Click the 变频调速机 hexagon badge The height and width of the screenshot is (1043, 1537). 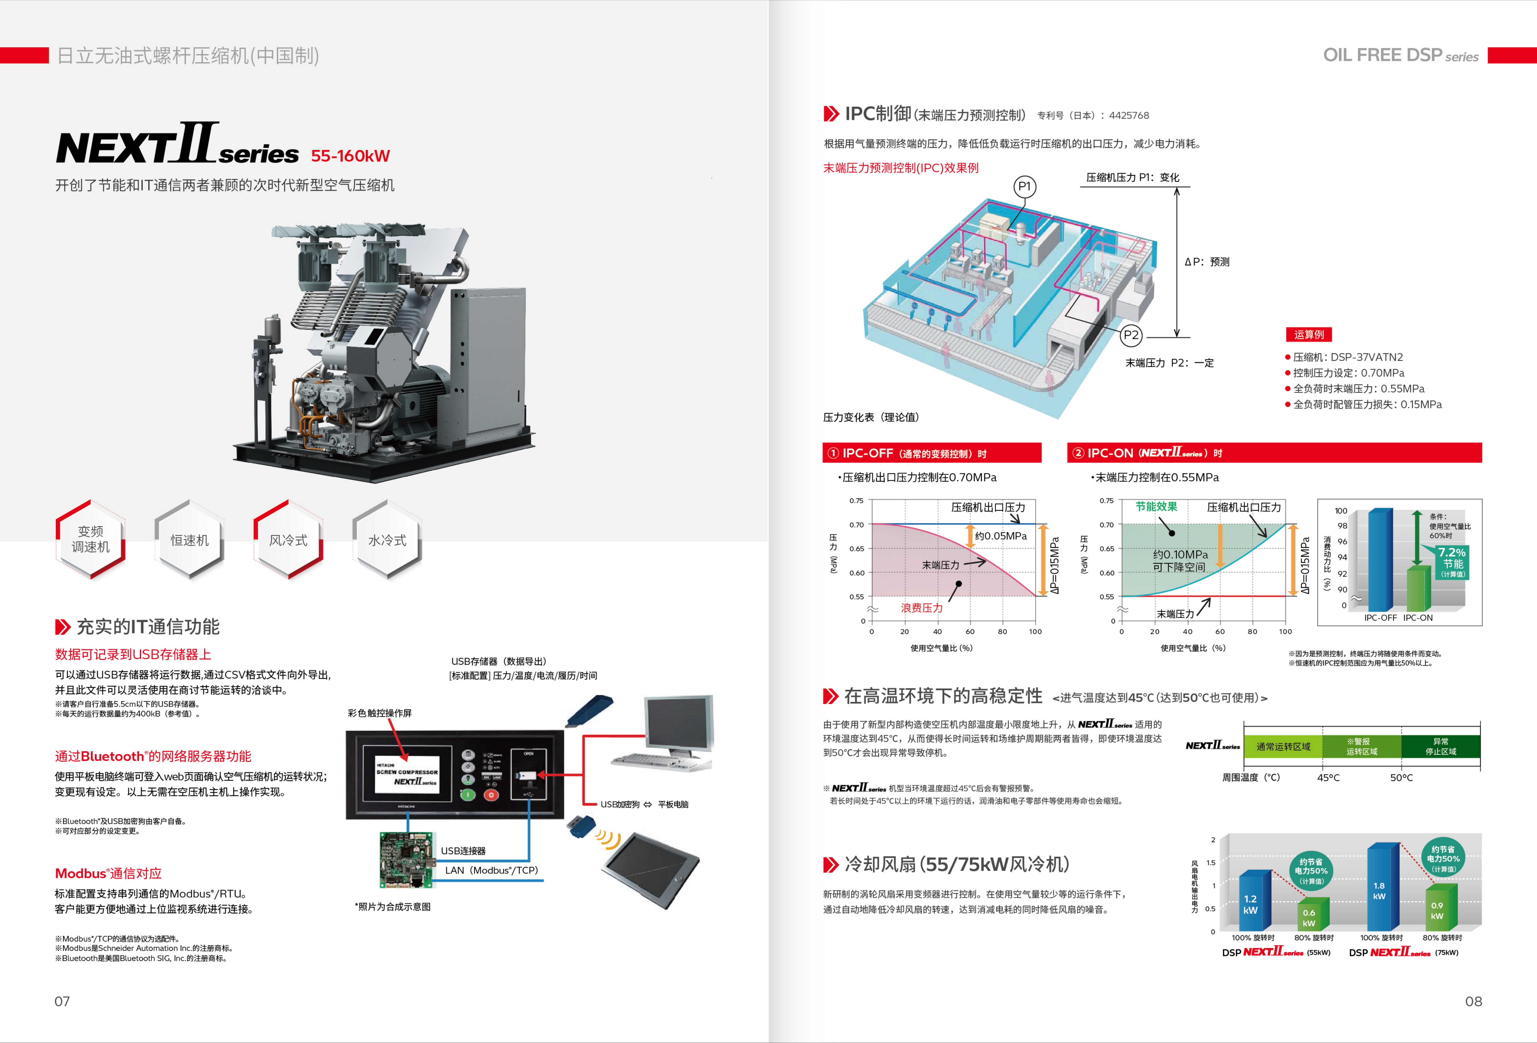[91, 539]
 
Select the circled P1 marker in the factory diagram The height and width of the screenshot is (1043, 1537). [1025, 187]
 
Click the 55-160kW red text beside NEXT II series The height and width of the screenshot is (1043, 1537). [351, 156]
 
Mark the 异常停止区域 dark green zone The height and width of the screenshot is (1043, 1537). [1440, 747]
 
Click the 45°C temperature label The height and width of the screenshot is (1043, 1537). [1328, 778]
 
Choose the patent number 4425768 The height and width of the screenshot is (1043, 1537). [1129, 116]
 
